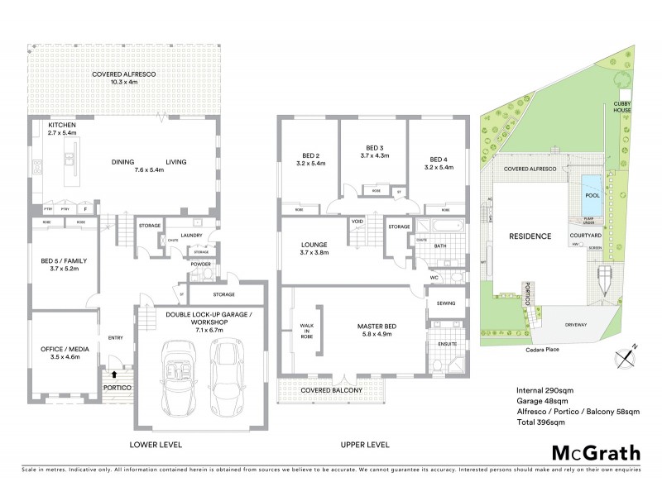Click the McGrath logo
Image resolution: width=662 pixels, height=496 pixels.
(x=595, y=452)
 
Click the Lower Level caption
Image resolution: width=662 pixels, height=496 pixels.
(x=155, y=445)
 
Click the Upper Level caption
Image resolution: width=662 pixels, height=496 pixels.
(x=364, y=445)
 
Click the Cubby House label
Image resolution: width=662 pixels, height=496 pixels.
(x=622, y=107)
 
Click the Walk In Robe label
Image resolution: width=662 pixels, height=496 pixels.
(x=305, y=331)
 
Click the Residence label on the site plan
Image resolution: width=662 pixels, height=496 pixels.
(x=530, y=236)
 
